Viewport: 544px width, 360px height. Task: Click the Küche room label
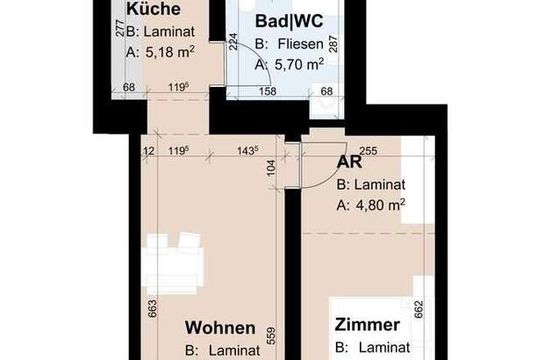pyautogui.click(x=154, y=8)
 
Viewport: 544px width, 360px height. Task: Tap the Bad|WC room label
pyautogui.click(x=289, y=21)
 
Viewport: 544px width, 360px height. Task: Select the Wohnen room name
pyautogui.click(x=220, y=328)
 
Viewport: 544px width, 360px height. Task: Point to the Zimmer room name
pyautogui.click(x=367, y=325)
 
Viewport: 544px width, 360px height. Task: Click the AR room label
pyautogui.click(x=349, y=162)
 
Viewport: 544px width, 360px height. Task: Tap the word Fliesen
pyautogui.click(x=300, y=44)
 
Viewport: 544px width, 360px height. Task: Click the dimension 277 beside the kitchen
pyautogui.click(x=120, y=28)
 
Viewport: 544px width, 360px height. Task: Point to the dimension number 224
pyautogui.click(x=233, y=41)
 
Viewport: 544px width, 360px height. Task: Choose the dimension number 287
pyautogui.click(x=333, y=44)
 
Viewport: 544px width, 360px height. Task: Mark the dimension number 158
pyautogui.click(x=268, y=91)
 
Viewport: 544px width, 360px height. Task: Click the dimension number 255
pyautogui.click(x=369, y=151)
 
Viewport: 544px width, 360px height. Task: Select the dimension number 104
pyautogui.click(x=271, y=168)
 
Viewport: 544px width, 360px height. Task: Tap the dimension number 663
pyautogui.click(x=153, y=308)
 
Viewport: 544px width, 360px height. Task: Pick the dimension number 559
pyautogui.click(x=271, y=335)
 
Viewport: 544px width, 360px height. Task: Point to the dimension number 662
pyautogui.click(x=419, y=309)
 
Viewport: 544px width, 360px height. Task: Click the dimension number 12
pyautogui.click(x=149, y=151)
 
